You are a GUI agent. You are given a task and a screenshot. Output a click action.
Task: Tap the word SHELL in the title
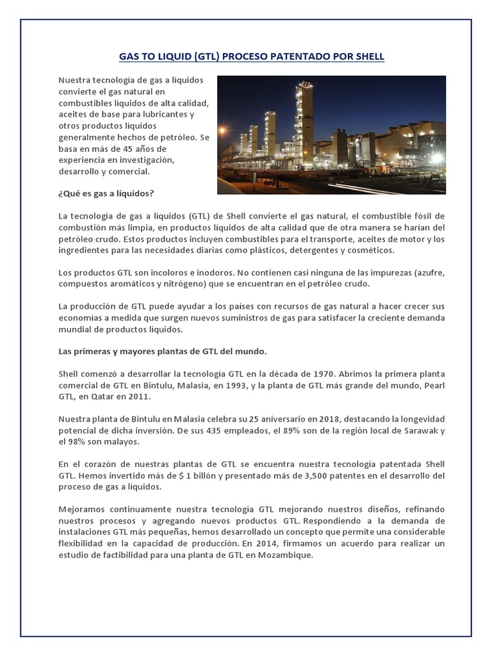point(368,56)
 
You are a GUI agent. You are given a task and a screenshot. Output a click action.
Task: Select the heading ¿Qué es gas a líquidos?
point(106,193)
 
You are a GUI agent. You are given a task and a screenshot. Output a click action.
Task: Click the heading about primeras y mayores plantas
point(162,352)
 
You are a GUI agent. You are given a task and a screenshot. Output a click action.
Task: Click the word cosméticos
point(368,250)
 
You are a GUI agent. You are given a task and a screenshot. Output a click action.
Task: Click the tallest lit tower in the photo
point(306,119)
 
